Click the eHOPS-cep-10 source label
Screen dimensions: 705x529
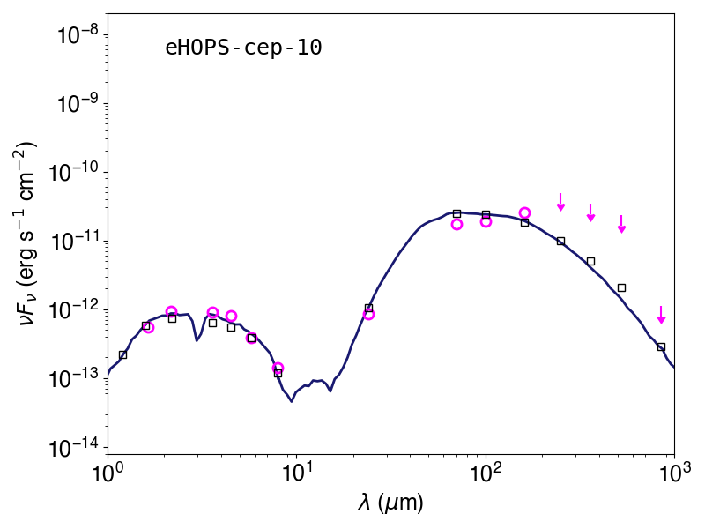coord(244,48)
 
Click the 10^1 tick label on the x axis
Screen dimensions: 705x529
coord(296,473)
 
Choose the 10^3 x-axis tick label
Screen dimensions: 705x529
coord(674,473)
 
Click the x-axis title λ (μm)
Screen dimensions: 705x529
coord(390,502)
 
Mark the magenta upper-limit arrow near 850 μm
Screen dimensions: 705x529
coord(661,315)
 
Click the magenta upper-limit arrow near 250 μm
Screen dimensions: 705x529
coord(560,202)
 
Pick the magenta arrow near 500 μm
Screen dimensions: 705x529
coord(621,224)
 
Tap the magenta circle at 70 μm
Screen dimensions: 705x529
coord(456,224)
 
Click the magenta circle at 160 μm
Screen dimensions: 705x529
coord(524,212)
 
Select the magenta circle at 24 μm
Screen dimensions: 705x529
coord(368,315)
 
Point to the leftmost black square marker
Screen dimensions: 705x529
coord(122,355)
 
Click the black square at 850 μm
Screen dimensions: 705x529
coord(661,346)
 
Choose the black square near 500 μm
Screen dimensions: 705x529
coord(621,288)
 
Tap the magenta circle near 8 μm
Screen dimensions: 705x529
coord(278,368)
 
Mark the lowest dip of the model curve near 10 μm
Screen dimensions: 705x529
coord(292,401)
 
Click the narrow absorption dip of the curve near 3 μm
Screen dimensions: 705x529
coord(197,340)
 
